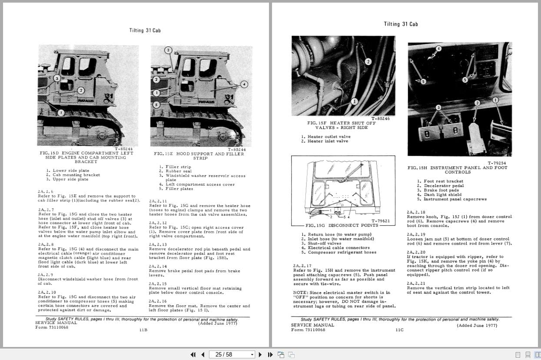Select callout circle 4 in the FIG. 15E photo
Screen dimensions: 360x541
point(244,84)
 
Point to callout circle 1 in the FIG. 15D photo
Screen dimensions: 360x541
point(61,113)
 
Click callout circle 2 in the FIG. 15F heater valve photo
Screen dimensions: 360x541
point(368,62)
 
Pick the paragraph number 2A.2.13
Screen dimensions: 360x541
point(158,244)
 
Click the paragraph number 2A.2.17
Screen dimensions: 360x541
point(302,265)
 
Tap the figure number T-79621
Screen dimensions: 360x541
point(380,221)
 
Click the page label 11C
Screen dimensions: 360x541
point(399,330)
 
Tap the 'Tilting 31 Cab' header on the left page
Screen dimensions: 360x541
point(145,30)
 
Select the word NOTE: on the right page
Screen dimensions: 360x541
point(300,293)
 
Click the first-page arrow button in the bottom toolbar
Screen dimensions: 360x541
point(193,354)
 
